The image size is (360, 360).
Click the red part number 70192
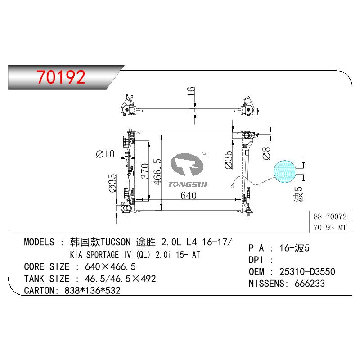click(x=61, y=77)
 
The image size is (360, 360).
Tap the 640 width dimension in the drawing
click(x=189, y=196)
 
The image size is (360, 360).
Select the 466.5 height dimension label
click(x=157, y=172)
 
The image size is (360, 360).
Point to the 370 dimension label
click(x=145, y=171)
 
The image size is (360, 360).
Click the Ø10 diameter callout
click(x=105, y=154)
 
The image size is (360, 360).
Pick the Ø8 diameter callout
click(x=266, y=153)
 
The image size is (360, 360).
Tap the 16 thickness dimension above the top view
click(x=191, y=91)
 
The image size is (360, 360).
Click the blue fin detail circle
click(x=285, y=171)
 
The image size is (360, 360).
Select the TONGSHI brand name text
click(x=188, y=184)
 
